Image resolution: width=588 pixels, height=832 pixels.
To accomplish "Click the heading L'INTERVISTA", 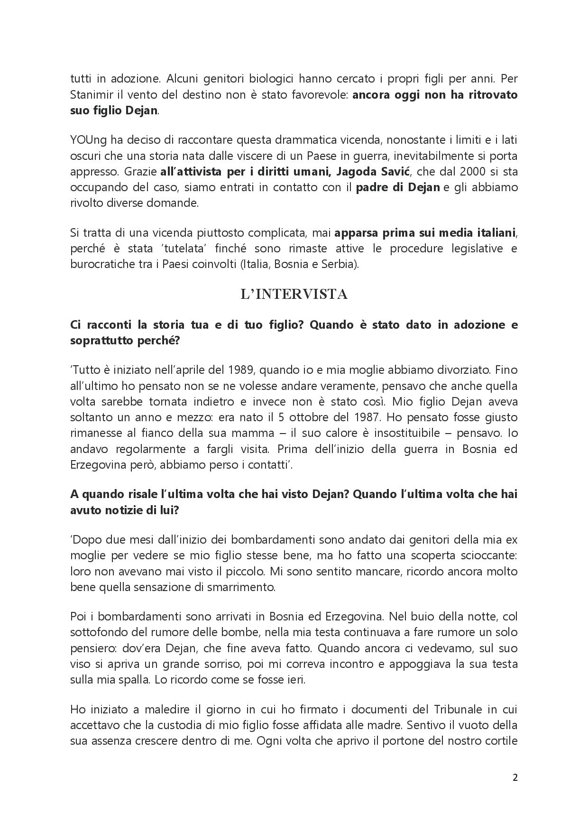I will (294, 295).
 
